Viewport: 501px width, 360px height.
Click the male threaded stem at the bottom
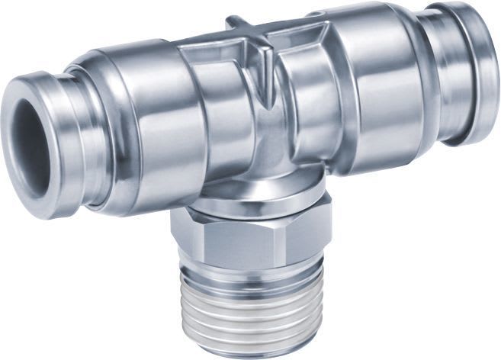tap(252, 305)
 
